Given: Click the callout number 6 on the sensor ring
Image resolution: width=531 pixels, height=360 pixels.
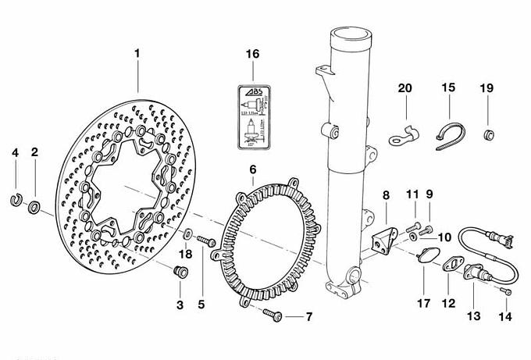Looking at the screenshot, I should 252,169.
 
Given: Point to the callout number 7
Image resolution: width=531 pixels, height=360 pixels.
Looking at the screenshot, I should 308,317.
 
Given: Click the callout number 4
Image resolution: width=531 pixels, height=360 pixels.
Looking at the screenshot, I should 15,152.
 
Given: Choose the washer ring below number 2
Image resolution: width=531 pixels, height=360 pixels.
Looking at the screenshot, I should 35,208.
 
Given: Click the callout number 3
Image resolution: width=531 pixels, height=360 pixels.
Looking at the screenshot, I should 180,305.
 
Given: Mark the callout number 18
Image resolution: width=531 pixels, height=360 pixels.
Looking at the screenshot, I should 186,254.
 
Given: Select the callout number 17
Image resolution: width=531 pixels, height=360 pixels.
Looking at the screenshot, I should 424,304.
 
